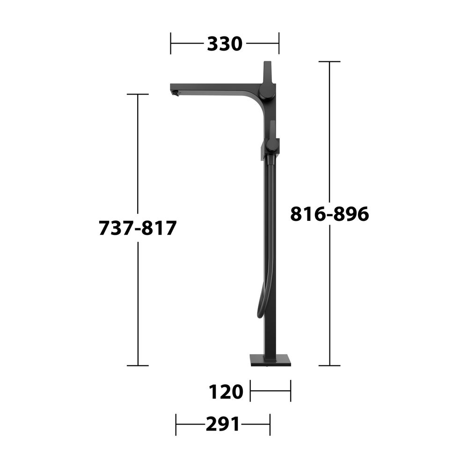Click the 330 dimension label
click(x=225, y=44)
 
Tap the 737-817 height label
click(x=138, y=228)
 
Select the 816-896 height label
click(x=329, y=214)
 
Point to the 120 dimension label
click(x=226, y=392)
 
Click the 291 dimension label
click(x=223, y=424)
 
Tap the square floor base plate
click(x=271, y=360)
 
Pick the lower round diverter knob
click(x=272, y=145)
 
